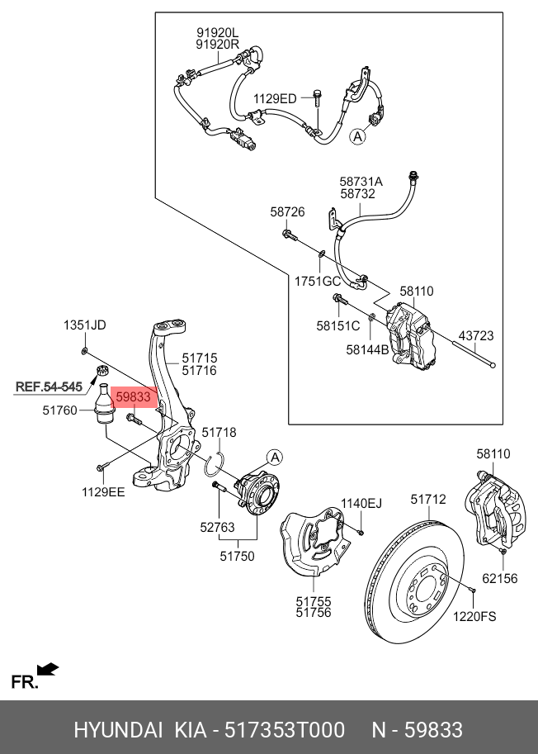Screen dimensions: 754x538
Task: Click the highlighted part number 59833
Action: click(133, 397)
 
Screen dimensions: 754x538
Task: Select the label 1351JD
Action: click(85, 325)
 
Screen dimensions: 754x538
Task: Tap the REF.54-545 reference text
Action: click(50, 386)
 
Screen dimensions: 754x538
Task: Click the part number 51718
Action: click(219, 432)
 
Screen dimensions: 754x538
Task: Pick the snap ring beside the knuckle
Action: click(216, 465)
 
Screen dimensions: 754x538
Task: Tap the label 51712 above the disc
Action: click(428, 499)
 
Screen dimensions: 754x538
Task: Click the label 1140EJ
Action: click(362, 503)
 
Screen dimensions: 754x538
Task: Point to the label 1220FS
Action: click(475, 616)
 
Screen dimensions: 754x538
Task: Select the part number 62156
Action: click(500, 578)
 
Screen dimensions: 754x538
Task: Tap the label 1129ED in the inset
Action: click(275, 99)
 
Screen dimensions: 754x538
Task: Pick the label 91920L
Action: click(216, 33)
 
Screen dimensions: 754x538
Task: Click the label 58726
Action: click(287, 212)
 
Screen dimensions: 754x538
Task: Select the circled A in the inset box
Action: click(357, 137)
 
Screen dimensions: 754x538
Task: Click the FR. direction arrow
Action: click(48, 668)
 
